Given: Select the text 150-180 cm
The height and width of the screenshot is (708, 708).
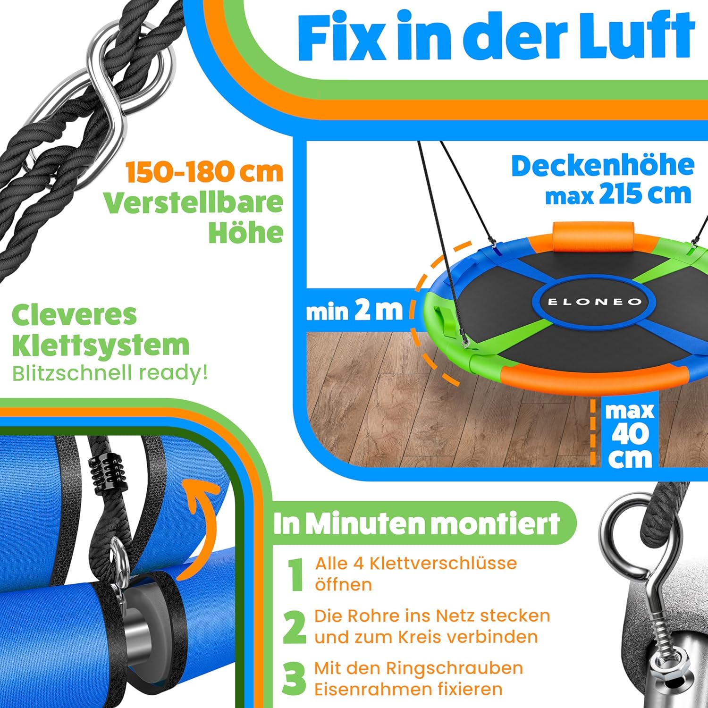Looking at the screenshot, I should click(204, 172).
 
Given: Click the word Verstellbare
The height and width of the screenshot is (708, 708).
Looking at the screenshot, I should click(194, 203).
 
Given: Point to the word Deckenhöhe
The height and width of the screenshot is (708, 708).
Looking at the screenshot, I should click(603, 166).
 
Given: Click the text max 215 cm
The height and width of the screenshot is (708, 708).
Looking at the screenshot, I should click(618, 194).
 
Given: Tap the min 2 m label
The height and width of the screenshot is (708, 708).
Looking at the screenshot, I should click(354, 311).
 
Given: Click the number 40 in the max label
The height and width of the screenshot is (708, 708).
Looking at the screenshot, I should click(630, 434).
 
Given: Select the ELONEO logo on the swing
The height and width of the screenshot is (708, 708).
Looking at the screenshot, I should click(594, 302).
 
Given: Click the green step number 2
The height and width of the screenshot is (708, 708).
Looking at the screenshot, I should click(295, 627).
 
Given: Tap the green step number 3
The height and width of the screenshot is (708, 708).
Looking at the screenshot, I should click(295, 679).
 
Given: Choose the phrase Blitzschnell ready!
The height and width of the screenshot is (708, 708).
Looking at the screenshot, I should click(110, 373).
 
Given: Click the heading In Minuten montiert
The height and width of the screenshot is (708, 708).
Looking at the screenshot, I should click(416, 523).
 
